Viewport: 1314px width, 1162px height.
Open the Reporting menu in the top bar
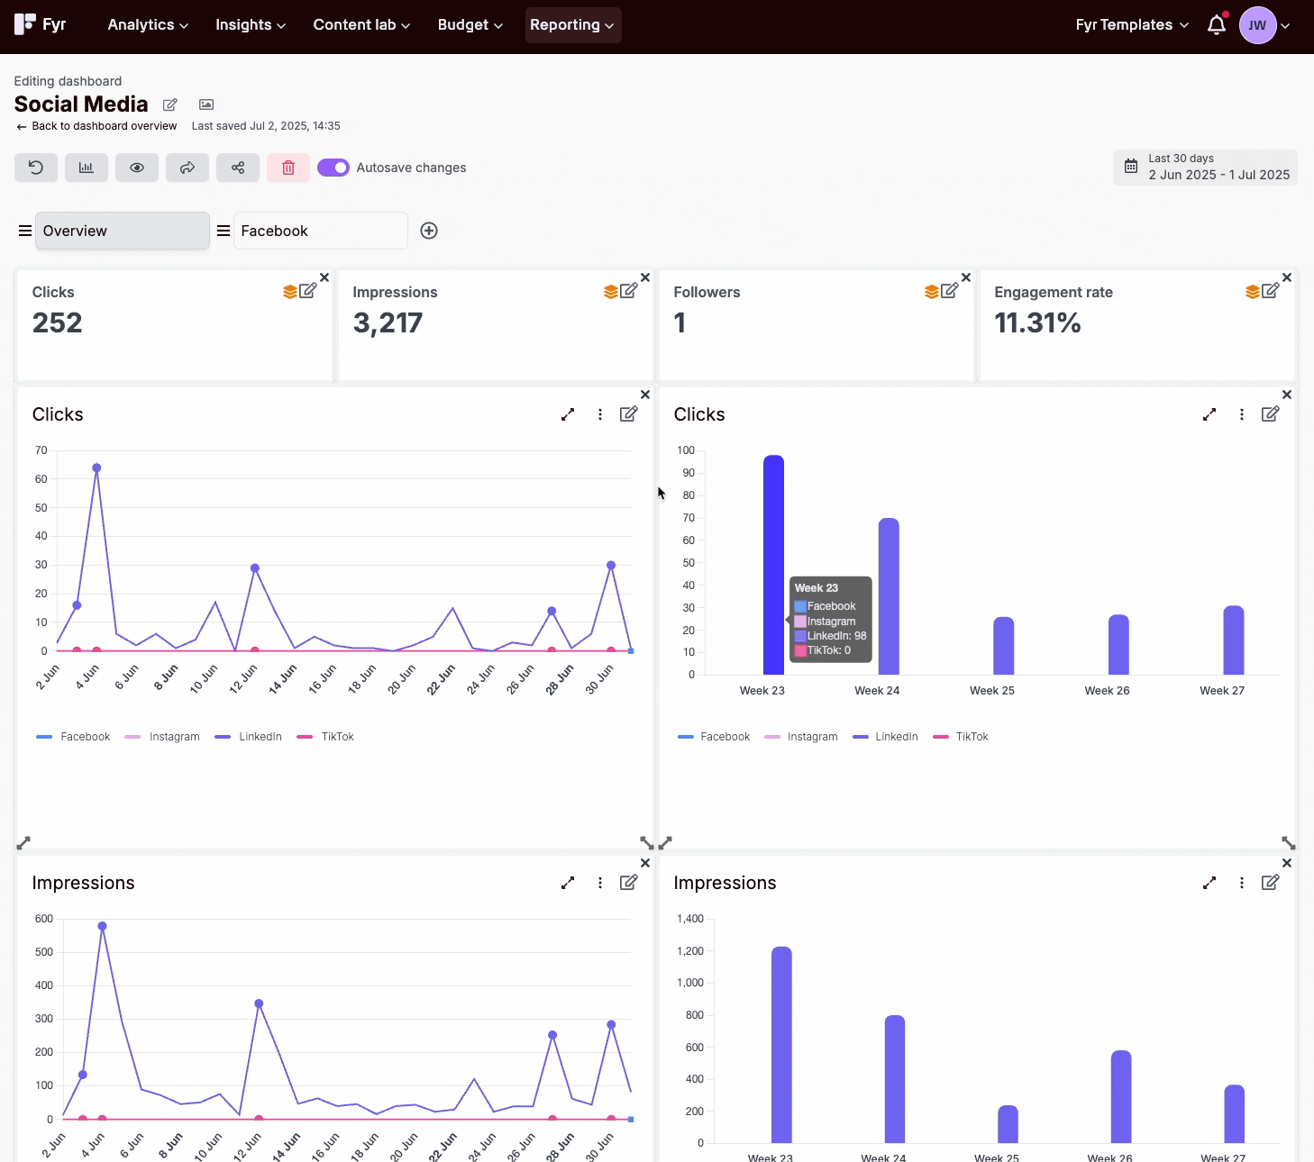coord(572,25)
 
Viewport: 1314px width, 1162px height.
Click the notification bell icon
coord(1217,24)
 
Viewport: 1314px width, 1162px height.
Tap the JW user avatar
coord(1257,25)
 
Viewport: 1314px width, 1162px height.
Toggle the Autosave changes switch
coord(333,168)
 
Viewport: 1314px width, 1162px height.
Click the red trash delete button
coord(288,168)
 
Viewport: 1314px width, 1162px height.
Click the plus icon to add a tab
coord(429,231)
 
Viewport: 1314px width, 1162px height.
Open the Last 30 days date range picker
coord(1205,168)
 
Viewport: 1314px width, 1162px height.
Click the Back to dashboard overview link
coord(104,126)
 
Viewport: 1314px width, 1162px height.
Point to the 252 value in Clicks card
coord(57,322)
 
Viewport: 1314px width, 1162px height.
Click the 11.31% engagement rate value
coord(1037,322)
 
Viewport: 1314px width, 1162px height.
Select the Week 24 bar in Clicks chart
coord(889,596)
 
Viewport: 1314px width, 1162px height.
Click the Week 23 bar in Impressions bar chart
coord(781,1045)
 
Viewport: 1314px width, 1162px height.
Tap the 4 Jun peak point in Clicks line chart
coord(96,468)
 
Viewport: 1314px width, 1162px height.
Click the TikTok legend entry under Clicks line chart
coord(325,737)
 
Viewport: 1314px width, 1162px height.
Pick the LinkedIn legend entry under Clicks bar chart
coord(885,737)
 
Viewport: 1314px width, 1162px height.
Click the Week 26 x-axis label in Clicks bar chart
coord(1107,691)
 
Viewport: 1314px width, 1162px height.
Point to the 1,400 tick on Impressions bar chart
coord(690,919)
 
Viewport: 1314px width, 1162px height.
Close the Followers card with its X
coord(966,277)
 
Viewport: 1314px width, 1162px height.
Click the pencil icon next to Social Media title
coord(170,104)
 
